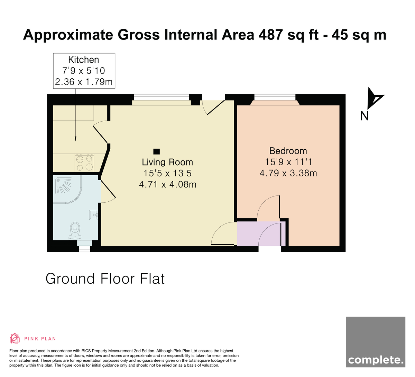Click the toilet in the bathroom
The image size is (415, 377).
coord(75,231)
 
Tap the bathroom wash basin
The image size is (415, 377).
coord(93,215)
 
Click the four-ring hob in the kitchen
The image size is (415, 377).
coord(84,163)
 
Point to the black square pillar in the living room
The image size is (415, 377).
coord(156,151)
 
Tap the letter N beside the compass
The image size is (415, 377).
coord(365,116)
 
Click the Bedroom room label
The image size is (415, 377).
coord(288,151)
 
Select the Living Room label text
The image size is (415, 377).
coord(167,162)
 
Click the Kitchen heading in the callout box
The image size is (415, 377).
coord(84,60)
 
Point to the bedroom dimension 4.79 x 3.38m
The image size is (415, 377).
coord(288,173)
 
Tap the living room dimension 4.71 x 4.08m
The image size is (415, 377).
coord(168,184)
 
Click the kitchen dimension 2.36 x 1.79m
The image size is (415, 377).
coord(84,82)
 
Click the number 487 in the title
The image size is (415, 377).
coord(271,35)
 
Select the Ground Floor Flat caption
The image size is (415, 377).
coord(105,279)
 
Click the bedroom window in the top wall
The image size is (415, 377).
coord(275,97)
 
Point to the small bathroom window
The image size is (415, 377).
coord(85,249)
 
